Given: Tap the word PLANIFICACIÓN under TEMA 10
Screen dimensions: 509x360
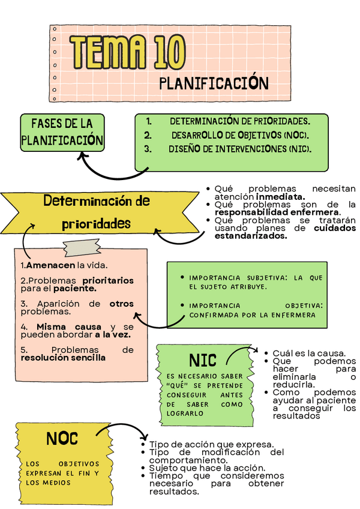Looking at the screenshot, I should pos(213,83).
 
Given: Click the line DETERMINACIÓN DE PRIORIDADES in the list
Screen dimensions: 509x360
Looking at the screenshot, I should pos(239,121).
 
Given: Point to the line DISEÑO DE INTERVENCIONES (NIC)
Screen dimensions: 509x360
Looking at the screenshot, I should pos(239,149).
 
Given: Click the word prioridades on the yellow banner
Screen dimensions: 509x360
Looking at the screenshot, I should pos(96,223).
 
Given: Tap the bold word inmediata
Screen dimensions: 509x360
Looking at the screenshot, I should pos(281,196).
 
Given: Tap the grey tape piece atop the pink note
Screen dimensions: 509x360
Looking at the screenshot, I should pos(81,247).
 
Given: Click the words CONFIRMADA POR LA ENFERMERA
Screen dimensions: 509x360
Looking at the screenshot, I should pos(253,315).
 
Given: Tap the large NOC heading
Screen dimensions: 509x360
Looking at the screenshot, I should pos(62,439).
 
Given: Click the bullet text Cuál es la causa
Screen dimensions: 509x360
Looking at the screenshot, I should pos(308,353).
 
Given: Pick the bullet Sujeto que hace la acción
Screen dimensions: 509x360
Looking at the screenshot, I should pos(207,468).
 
